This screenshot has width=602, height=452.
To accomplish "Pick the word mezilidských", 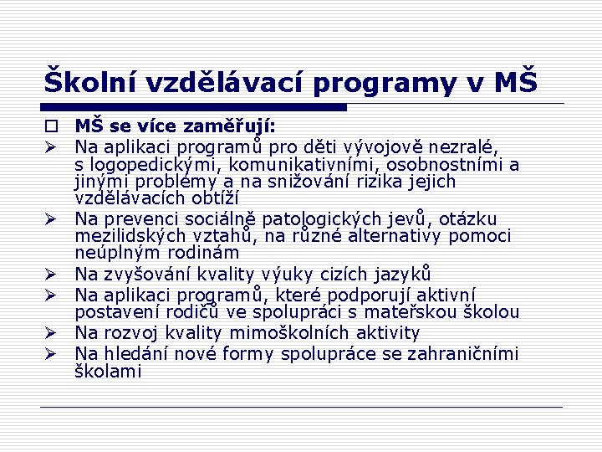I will click(x=131, y=236).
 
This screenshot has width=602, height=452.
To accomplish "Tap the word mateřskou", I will click(x=424, y=312).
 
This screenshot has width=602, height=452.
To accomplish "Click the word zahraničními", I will click(x=462, y=353).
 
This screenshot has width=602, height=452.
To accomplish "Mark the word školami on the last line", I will click(x=109, y=371).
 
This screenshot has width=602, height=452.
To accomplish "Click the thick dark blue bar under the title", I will click(x=193, y=107).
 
